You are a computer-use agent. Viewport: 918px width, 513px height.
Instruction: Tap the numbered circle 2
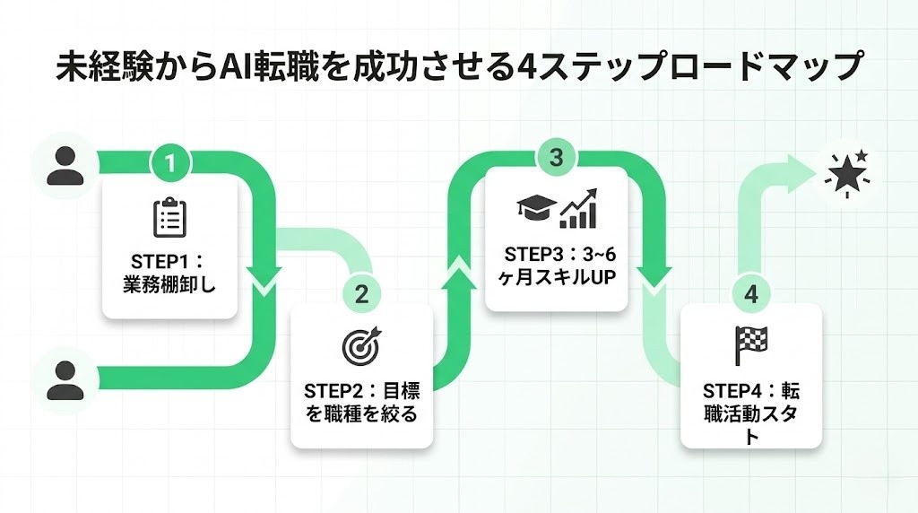[361, 293]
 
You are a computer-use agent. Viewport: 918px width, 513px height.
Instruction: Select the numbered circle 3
[556, 157]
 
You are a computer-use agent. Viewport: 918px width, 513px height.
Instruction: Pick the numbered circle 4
[750, 293]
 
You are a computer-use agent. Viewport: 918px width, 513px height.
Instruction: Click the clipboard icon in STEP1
[169, 218]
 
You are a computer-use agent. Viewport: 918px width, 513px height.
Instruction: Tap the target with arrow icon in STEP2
[361, 345]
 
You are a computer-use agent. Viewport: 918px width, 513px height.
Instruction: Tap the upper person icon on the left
[65, 165]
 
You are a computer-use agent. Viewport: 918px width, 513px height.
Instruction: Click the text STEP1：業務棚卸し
[169, 275]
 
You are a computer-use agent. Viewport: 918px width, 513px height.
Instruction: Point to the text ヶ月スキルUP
[556, 276]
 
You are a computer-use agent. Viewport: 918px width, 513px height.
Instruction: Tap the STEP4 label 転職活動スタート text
[750, 413]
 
